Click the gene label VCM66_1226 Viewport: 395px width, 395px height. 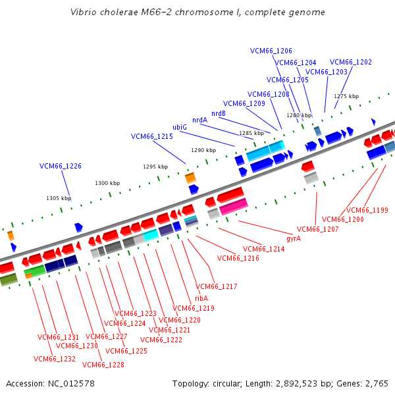[61, 166]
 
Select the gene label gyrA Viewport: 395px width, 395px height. [294, 238]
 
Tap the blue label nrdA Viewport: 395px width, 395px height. [199, 120]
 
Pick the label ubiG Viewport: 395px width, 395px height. [180, 127]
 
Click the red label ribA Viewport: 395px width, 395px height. [201, 298]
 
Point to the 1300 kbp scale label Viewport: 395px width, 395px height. [107, 183]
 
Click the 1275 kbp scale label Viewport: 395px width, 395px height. [346, 96]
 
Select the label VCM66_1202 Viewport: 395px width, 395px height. [351, 62]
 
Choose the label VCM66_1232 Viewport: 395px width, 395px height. [55, 359]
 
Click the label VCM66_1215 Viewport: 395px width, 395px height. [152, 136]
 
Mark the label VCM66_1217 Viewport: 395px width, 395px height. [217, 286]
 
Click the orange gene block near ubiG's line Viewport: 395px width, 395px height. [190, 178]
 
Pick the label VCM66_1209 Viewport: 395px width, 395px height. [244, 103]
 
